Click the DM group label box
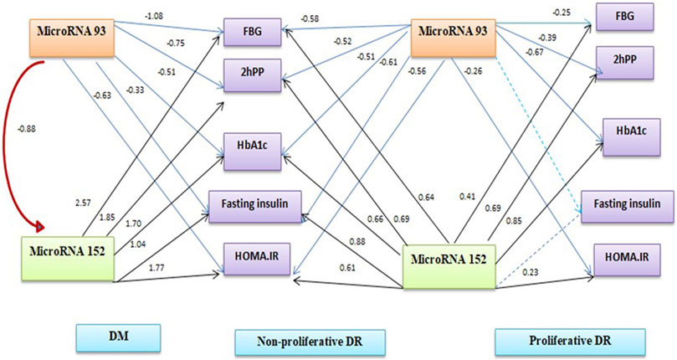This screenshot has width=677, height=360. click(x=118, y=337)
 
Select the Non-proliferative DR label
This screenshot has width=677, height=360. click(x=310, y=342)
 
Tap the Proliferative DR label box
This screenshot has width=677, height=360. click(x=570, y=342)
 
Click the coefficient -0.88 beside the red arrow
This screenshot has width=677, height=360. click(x=26, y=129)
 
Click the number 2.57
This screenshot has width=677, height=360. click(x=83, y=203)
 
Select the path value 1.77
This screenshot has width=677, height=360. click(x=156, y=269)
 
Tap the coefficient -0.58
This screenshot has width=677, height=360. click(x=310, y=19)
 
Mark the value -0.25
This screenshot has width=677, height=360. click(x=561, y=13)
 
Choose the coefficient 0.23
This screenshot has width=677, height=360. click(x=531, y=272)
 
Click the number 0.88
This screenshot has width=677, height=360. click(x=357, y=242)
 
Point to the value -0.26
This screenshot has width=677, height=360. click(x=473, y=71)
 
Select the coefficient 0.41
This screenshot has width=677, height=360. click(x=467, y=197)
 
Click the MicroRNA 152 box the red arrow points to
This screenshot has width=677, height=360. click(x=68, y=258)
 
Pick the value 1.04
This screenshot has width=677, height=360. click(x=138, y=244)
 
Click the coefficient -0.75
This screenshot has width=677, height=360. click(x=174, y=43)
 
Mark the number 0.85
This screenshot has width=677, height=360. click(x=514, y=221)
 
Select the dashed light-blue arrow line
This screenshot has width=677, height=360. click(x=538, y=134)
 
